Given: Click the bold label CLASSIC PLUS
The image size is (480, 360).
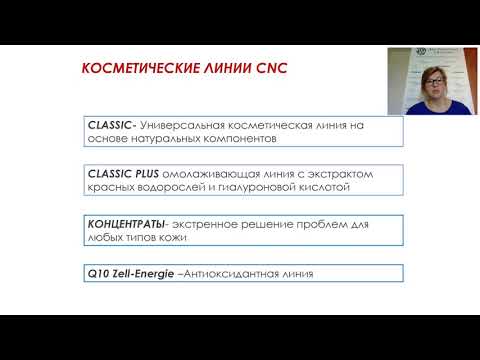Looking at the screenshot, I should (x=123, y=172).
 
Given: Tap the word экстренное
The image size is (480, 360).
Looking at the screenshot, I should (x=207, y=222).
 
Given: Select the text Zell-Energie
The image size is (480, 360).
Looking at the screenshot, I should (x=146, y=272).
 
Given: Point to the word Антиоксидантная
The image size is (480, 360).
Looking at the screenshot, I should (x=236, y=272).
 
